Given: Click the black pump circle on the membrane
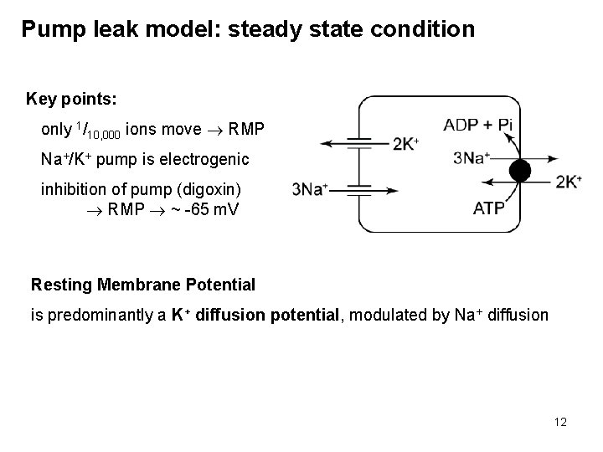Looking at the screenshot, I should coord(520,171).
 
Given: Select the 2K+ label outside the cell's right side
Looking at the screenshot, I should coord(569,182).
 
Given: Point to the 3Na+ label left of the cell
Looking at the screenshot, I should coord(309,189).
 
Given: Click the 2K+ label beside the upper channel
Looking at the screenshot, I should coord(406,143).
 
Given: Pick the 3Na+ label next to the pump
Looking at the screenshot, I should coord(471,157).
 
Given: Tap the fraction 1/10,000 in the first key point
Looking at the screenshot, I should coord(98,131).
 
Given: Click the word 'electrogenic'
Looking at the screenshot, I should coord(208,158).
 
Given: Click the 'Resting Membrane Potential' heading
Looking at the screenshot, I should coord(143,285).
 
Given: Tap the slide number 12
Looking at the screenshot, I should coord(559,423).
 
